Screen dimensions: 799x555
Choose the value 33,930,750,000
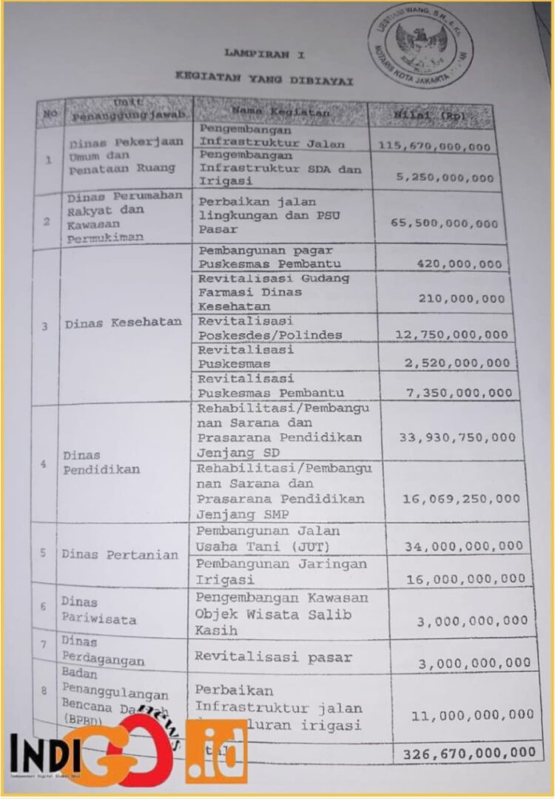(x=457, y=437)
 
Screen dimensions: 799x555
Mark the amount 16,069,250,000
(x=460, y=498)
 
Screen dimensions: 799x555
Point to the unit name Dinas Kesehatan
(x=122, y=323)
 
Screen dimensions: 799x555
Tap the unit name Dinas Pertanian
(x=120, y=554)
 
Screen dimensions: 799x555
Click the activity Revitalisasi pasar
(x=273, y=656)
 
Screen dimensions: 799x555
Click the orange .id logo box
(x=216, y=751)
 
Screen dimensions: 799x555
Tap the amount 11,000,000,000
(x=472, y=715)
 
